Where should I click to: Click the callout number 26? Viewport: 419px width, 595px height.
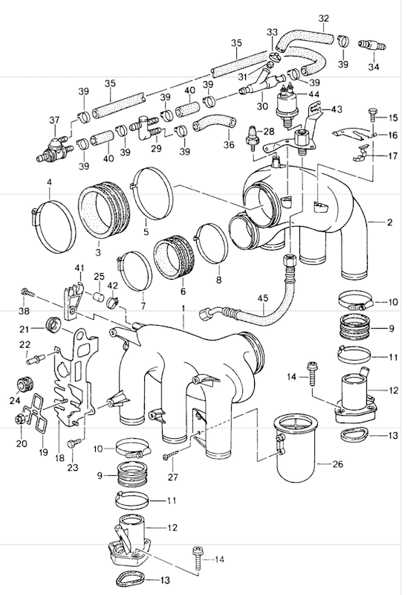tap(337, 463)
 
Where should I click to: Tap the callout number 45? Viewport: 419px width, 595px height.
tap(262, 298)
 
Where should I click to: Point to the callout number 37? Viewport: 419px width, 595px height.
tap(54, 120)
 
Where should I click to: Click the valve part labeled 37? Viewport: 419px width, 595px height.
tap(53, 149)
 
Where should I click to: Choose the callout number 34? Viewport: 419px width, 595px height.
tap(374, 67)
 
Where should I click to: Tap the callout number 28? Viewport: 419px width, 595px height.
tap(268, 132)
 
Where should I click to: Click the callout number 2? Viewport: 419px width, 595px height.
tap(390, 222)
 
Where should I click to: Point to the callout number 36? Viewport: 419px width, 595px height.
tap(229, 144)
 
